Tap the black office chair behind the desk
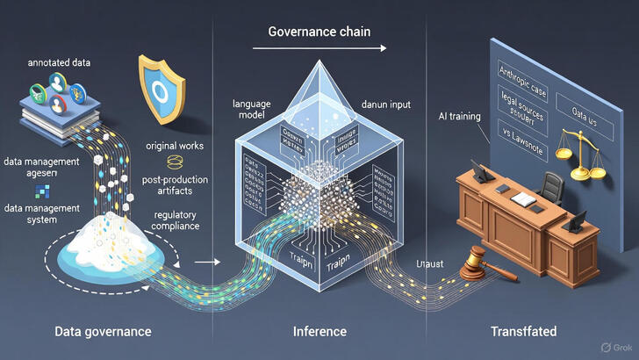[x=551, y=186]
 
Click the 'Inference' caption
[x=319, y=332]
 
